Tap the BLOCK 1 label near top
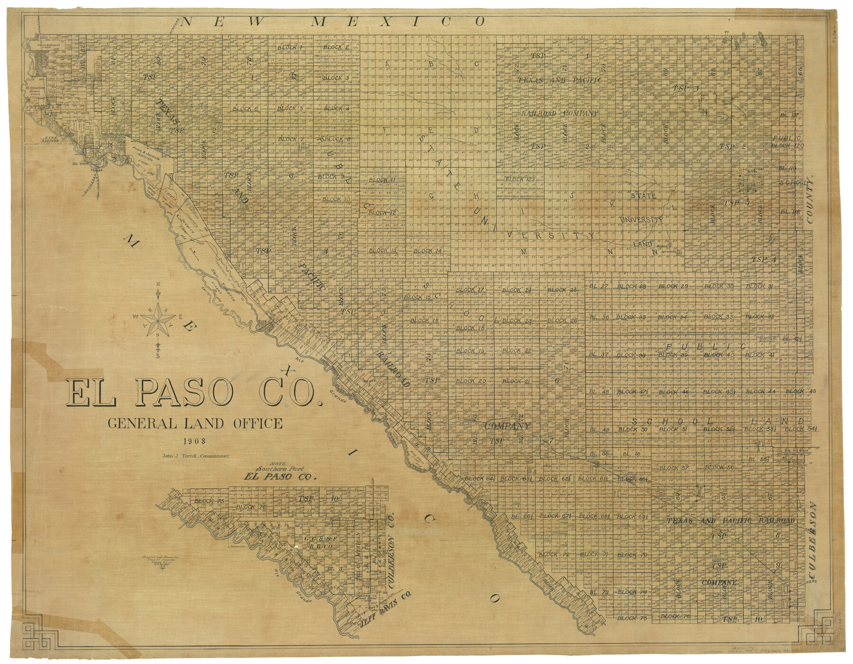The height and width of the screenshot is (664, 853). [x=290, y=47]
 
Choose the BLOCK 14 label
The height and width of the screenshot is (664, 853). [x=428, y=251]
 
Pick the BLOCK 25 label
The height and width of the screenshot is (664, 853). [x=562, y=289]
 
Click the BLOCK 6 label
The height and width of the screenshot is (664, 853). [x=245, y=109]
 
